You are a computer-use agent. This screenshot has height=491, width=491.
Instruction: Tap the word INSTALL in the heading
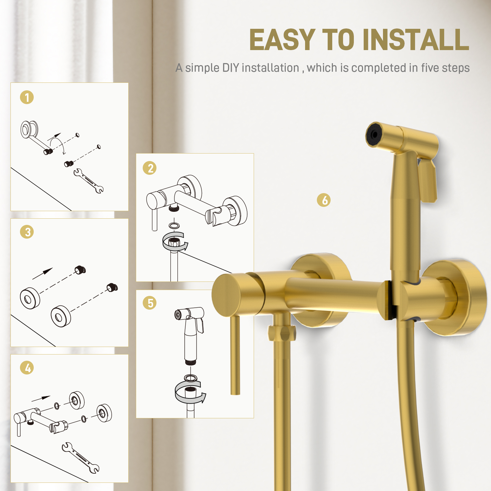click(x=416, y=40)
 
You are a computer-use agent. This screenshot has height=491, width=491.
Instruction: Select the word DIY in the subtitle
click(x=230, y=68)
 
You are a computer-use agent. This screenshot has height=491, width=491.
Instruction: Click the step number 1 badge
click(x=27, y=97)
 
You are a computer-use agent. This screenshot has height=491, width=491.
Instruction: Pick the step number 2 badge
click(x=150, y=168)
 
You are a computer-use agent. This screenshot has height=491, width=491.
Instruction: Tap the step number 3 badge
click(x=27, y=232)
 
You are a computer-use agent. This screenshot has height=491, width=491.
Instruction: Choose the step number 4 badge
click(x=27, y=368)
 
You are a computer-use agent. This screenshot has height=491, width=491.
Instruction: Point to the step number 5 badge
click(x=150, y=303)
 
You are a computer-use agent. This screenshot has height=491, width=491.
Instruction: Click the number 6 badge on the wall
click(x=324, y=200)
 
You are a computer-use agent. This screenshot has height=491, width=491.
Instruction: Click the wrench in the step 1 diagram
click(x=88, y=181)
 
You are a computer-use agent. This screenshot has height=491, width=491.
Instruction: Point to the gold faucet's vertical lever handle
click(x=235, y=355)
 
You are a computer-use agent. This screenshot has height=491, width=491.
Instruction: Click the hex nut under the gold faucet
click(x=282, y=333)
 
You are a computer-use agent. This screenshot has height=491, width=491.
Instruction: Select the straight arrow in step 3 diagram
click(x=43, y=273)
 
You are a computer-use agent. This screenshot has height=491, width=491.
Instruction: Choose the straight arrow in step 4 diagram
click(x=41, y=398)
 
